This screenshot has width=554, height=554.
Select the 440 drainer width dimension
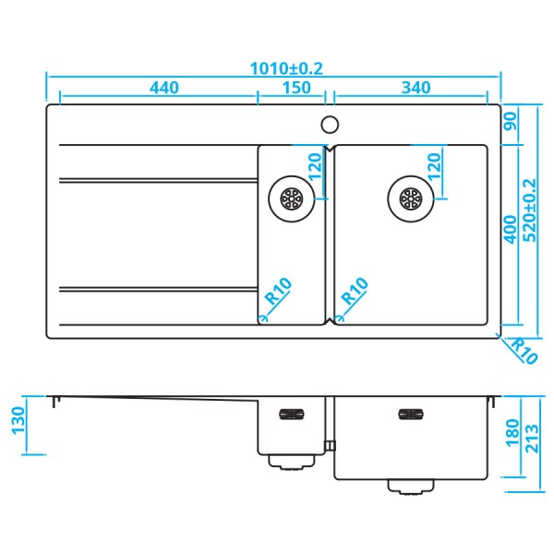click(163, 88)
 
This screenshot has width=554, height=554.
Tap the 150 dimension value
click(295, 88)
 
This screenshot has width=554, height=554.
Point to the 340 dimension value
click(416, 88)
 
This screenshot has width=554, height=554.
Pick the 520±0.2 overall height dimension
click(529, 211)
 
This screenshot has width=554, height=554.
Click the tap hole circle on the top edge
click(330, 123)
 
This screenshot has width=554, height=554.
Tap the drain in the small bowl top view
click(292, 198)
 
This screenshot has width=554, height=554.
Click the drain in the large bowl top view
click(411, 197)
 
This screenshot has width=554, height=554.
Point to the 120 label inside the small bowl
click(314, 168)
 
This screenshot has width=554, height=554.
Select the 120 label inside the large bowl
click(432, 168)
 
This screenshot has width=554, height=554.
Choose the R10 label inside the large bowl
click(355, 294)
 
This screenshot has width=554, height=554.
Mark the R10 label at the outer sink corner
click(524, 351)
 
